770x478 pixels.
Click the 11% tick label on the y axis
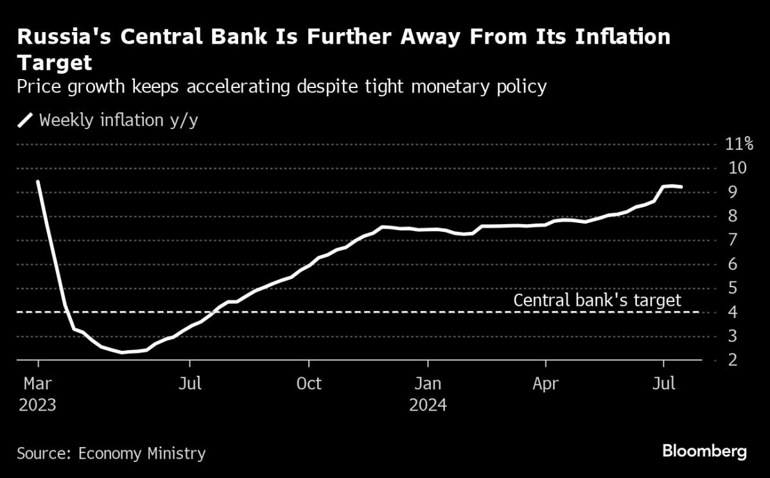pos(739,144)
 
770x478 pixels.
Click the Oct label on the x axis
pos(309,384)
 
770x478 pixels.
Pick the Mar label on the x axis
pos(38,384)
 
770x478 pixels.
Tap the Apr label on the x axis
pos(545,384)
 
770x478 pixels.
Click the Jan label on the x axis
pos(427,384)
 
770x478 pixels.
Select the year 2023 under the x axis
pos(38,406)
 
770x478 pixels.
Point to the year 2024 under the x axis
pos(427,406)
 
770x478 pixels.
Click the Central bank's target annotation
pos(597,300)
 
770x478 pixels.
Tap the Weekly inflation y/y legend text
pos(119,120)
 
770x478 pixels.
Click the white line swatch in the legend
pos(25,120)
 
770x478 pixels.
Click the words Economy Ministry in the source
pos(141,453)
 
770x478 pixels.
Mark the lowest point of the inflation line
pos(122,352)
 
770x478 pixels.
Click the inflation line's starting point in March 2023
pos(38,181)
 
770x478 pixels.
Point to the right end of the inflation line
pos(681,187)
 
